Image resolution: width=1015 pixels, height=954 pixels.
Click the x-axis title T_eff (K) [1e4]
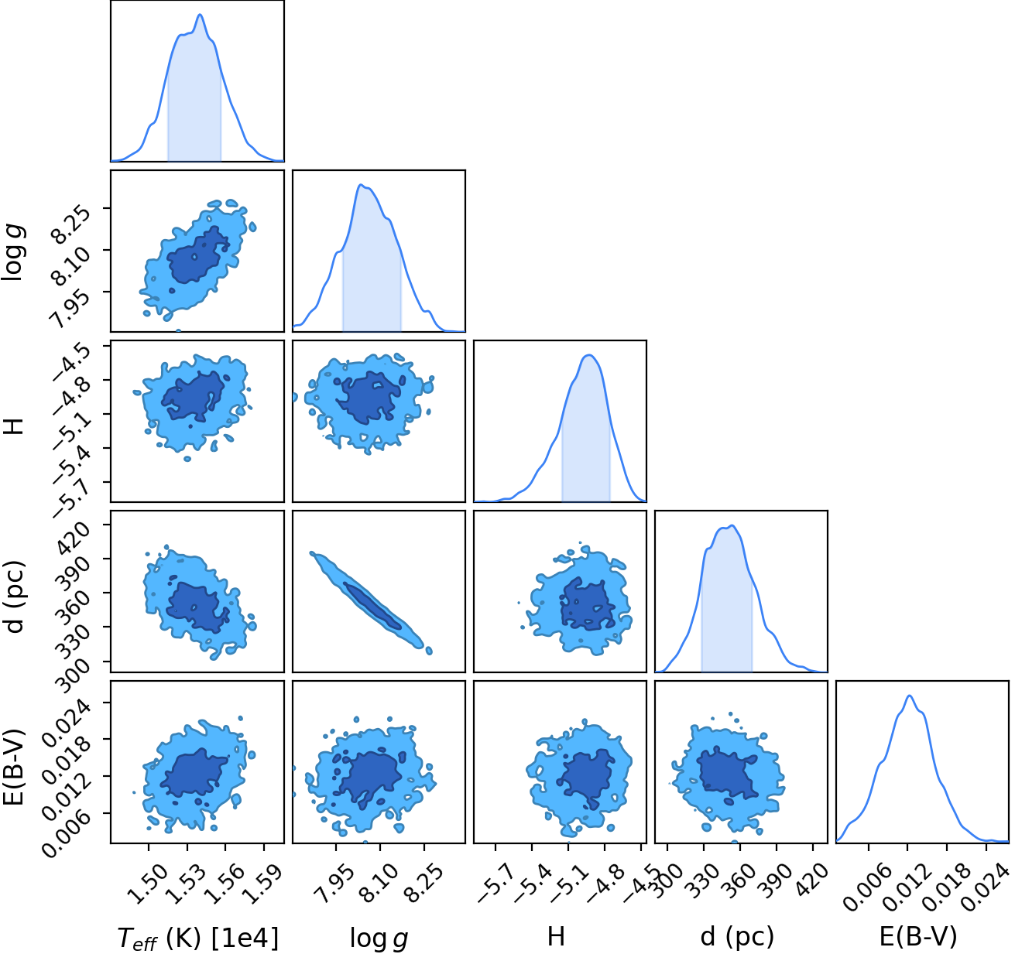tap(198, 938)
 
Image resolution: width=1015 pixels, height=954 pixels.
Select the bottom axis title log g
tap(379, 939)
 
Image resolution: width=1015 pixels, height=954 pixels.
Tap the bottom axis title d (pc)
tap(737, 937)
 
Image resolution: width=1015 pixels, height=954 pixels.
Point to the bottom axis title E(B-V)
tap(918, 937)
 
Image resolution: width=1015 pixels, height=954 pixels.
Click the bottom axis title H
tap(556, 937)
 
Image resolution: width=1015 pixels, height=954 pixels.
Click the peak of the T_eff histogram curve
tap(200, 14)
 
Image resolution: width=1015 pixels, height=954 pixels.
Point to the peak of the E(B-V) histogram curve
tap(909, 696)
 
